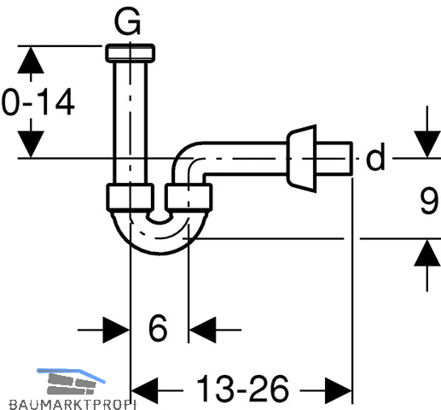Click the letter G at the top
pos(127,20)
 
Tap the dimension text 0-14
pos(38,102)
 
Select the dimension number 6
pos(158,328)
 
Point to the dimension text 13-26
pos(242,388)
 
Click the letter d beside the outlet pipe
pos(375,156)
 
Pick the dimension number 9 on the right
pos(429,200)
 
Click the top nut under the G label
pos(131,53)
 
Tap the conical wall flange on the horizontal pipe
pos(302,158)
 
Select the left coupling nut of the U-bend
pos(131,197)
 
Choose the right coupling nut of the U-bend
pos(189,197)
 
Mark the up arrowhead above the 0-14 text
pos(31,60)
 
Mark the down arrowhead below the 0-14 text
pos(31,144)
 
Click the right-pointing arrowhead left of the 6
pos(116,330)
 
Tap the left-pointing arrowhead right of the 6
pos(202,330)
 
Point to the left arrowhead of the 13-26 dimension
pos(144,390)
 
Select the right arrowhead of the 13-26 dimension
pos(339,390)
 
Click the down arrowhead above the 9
pos(427,144)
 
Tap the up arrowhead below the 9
pos(427,253)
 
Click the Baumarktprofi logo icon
pos(71,382)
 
